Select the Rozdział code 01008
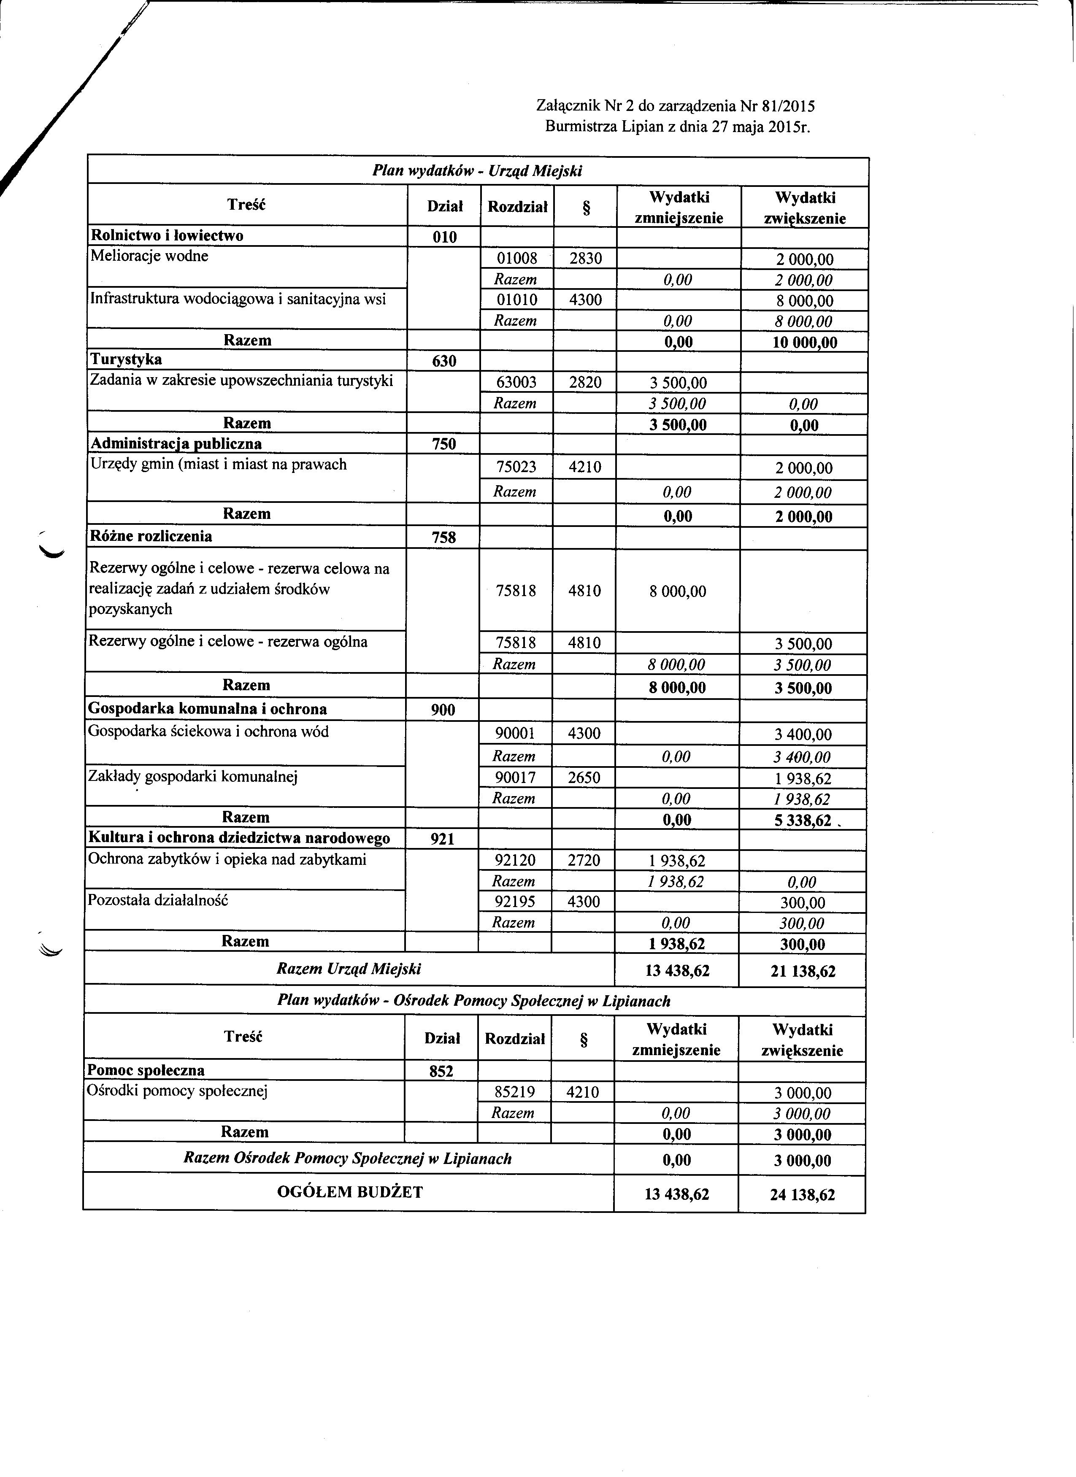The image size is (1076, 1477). (x=516, y=259)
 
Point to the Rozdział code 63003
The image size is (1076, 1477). (x=516, y=382)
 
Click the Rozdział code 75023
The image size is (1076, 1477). (x=516, y=467)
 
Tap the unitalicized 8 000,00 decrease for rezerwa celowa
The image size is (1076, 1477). (x=677, y=591)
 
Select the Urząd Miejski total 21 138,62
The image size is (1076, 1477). (x=803, y=972)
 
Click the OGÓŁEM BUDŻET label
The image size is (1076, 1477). (x=350, y=1192)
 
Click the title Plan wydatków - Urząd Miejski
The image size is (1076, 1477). (x=477, y=171)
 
